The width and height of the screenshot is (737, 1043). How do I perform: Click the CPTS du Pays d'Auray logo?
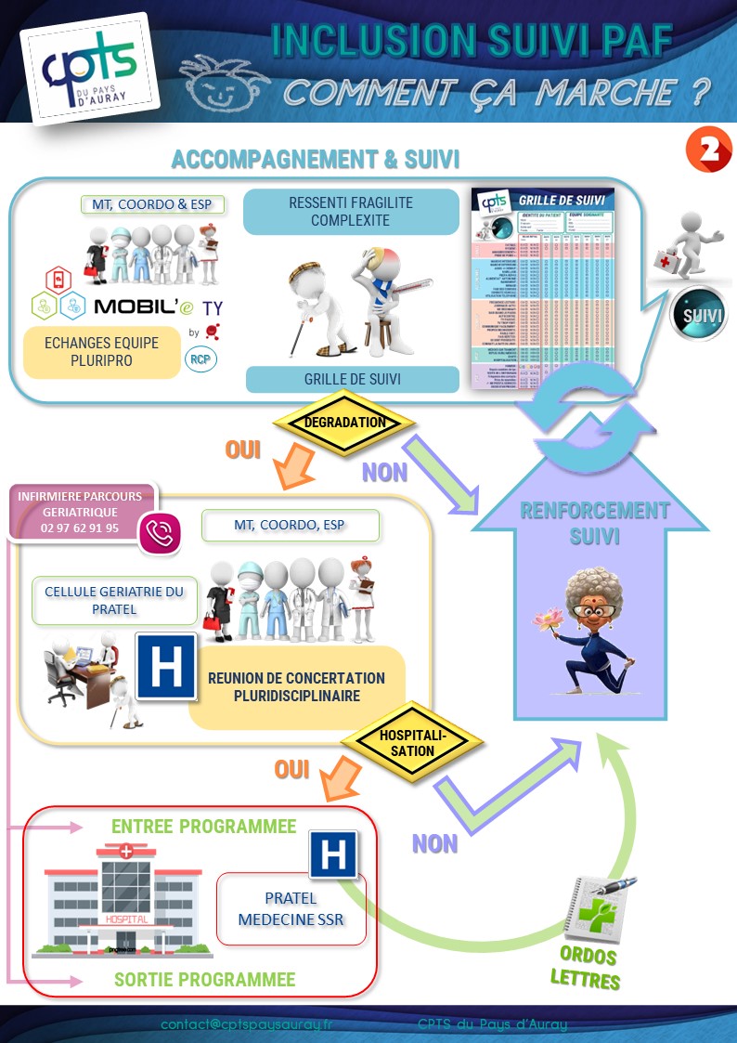click(89, 68)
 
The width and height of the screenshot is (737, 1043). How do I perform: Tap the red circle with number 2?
click(708, 150)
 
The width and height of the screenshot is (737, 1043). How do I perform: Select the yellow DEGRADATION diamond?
click(345, 423)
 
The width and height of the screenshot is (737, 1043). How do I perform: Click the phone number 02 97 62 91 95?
click(80, 528)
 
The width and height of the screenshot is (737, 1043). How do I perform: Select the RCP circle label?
click(200, 358)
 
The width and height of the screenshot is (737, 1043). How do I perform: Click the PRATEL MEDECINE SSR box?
click(291, 908)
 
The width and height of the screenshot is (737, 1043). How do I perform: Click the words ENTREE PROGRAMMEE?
click(204, 827)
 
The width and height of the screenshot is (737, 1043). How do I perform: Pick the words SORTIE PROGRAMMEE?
click(204, 980)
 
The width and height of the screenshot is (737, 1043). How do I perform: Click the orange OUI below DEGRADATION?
click(243, 450)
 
